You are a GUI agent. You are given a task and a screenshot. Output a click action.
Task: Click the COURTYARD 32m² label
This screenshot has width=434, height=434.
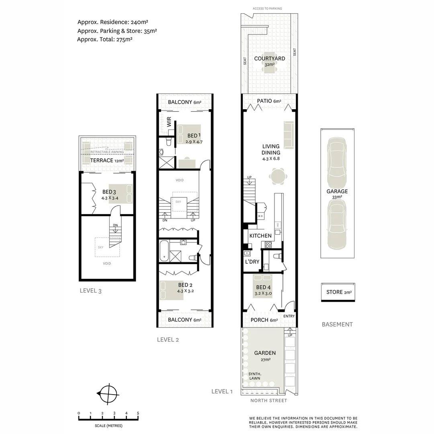(x=270, y=61)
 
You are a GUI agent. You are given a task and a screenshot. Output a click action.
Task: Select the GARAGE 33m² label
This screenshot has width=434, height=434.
(x=337, y=194)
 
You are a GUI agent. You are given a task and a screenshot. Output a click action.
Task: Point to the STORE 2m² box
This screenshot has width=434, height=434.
(x=338, y=292)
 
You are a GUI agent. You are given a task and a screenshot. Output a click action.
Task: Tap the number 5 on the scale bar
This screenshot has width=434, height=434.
(x=138, y=413)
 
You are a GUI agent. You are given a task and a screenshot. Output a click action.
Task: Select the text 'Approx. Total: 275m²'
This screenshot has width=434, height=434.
(x=105, y=39)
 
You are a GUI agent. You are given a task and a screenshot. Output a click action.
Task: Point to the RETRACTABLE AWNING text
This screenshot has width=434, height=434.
(x=107, y=152)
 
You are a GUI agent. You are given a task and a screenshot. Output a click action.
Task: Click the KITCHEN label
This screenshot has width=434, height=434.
(x=260, y=236)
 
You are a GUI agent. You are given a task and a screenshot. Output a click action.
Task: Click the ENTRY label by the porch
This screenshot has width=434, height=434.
(x=289, y=316)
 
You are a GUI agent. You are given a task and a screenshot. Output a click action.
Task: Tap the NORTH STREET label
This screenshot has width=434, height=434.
(x=268, y=401)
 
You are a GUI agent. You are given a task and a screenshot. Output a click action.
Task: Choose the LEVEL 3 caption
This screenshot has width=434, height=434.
(x=90, y=291)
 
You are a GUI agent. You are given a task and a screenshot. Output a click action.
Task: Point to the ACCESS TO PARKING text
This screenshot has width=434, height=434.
(x=267, y=8)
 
